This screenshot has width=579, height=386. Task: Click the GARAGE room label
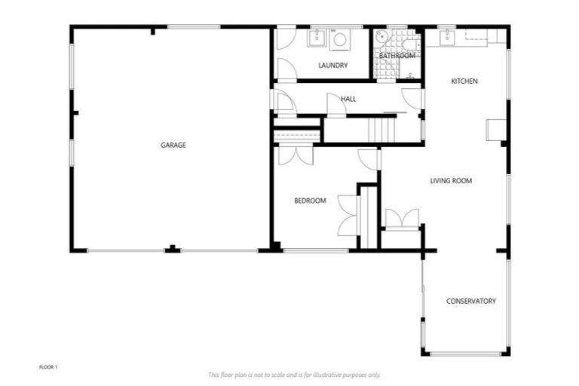click(173, 145)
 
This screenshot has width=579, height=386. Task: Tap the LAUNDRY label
click(332, 66)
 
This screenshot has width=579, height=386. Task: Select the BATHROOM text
click(397, 56)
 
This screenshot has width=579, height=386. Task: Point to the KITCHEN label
click(464, 81)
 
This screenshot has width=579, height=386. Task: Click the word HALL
click(348, 99)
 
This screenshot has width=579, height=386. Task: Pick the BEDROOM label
click(310, 201)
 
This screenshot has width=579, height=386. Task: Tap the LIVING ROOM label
click(451, 181)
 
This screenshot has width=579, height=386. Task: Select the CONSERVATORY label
click(470, 301)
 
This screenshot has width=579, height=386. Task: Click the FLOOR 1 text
click(48, 367)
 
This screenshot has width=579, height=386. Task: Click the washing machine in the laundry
click(340, 40)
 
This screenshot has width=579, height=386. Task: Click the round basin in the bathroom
click(381, 36)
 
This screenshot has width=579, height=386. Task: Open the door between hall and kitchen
click(412, 97)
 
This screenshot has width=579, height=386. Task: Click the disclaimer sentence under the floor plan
click(294, 375)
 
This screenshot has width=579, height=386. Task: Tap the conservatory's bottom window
click(465, 354)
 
